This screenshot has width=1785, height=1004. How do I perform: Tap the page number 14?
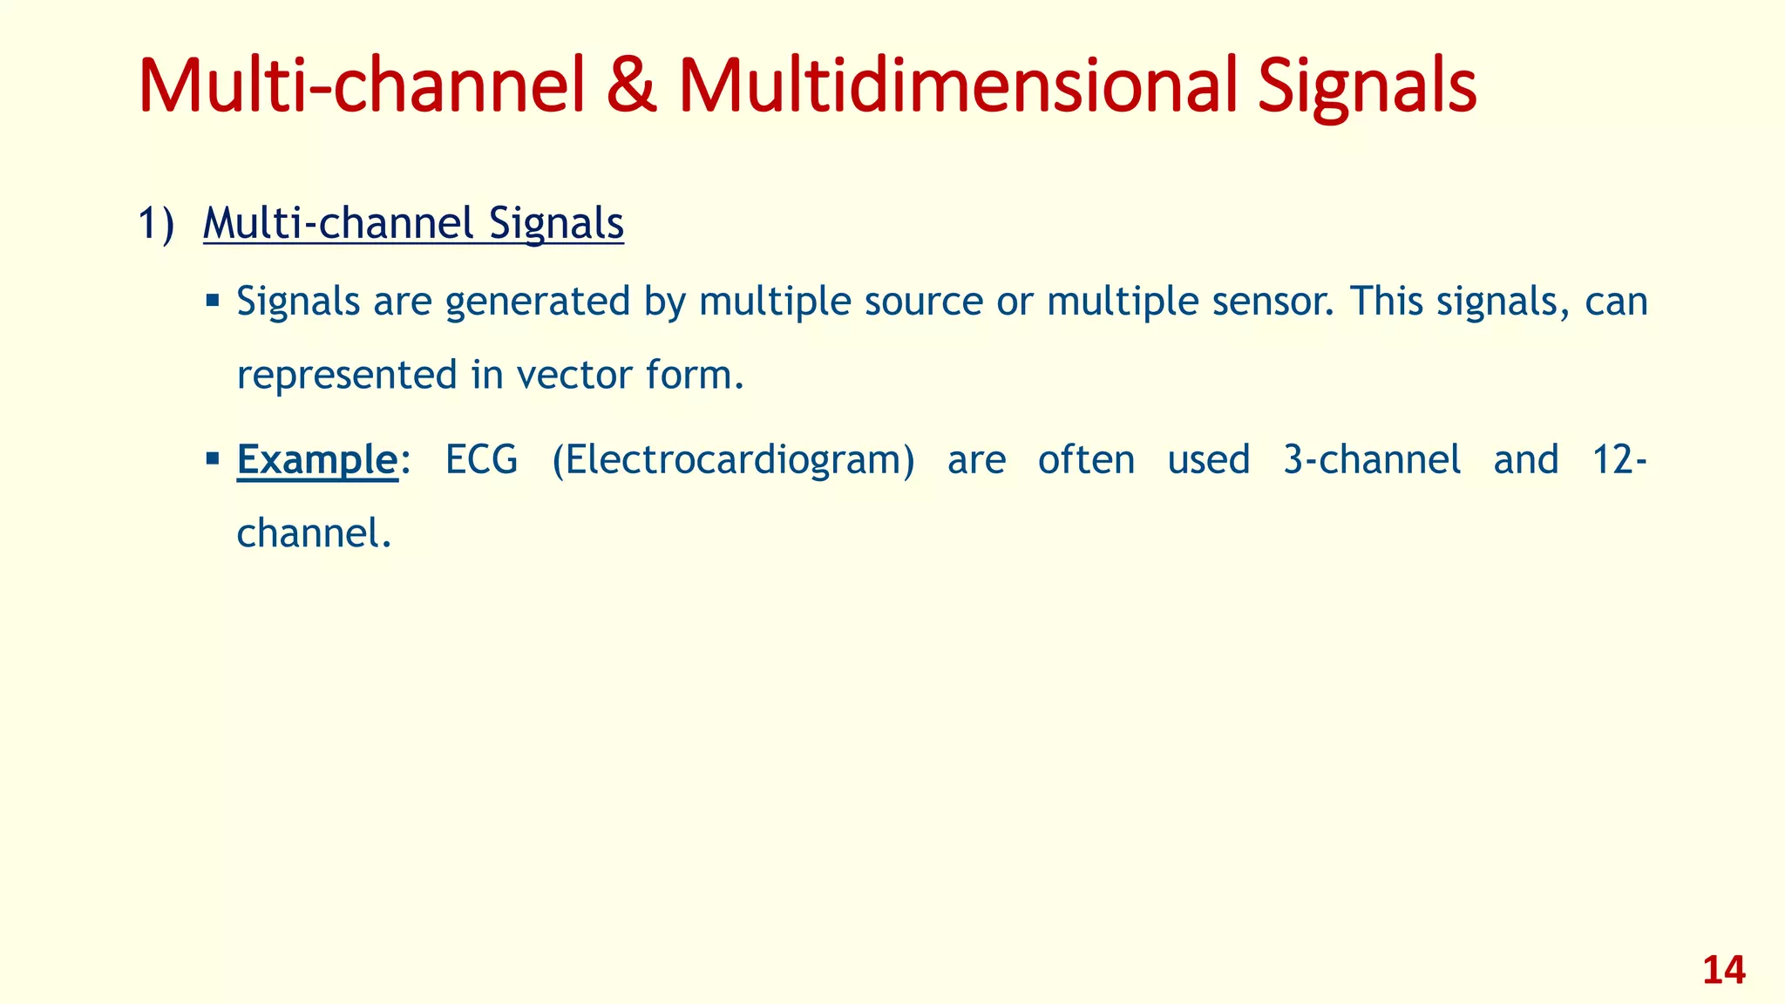(1723, 971)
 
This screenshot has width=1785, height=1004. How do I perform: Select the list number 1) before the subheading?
(157, 224)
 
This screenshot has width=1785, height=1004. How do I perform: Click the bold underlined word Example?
(317, 460)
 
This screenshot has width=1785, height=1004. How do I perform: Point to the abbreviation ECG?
(481, 460)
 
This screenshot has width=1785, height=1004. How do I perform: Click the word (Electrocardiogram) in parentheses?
(733, 460)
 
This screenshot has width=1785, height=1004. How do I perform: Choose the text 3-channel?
(1372, 460)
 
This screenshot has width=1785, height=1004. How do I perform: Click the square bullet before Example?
(213, 457)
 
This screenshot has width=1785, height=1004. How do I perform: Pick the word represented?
(347, 376)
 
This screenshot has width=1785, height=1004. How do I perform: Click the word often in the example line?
(1086, 460)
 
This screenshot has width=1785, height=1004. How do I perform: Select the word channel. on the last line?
(314, 533)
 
